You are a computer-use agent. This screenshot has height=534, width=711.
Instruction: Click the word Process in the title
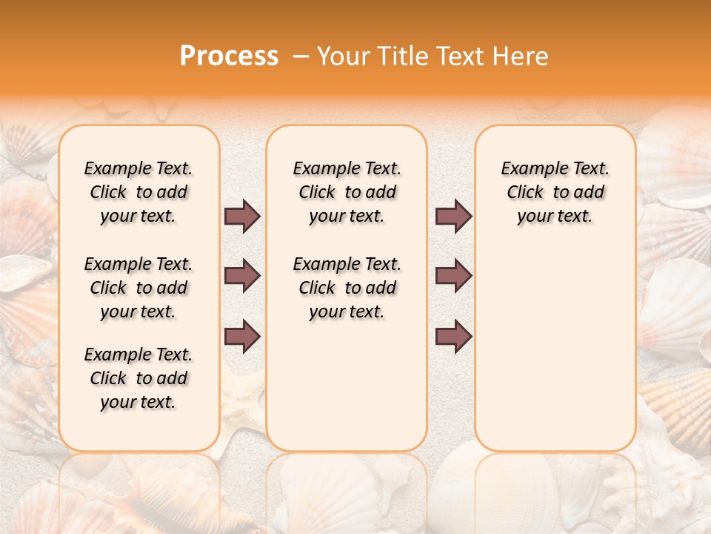tap(229, 56)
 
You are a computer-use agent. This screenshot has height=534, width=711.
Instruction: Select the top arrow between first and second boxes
tap(242, 217)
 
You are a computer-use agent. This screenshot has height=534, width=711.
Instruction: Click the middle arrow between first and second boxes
tap(242, 276)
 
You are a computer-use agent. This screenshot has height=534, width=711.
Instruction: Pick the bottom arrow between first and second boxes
tap(242, 336)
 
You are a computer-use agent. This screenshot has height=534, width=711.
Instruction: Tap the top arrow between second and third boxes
tap(453, 217)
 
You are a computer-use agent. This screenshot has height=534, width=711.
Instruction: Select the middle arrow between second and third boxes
tap(453, 276)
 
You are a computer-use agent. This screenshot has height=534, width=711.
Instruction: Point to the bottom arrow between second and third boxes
tap(453, 336)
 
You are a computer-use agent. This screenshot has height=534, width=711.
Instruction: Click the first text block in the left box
tap(138, 192)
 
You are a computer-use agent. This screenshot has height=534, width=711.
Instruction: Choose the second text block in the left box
tap(138, 288)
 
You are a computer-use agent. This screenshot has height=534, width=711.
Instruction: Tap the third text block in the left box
tap(138, 378)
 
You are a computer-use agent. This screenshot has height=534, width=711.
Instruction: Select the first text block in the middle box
tap(347, 192)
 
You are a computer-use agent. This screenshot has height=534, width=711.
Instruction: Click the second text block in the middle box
tap(347, 288)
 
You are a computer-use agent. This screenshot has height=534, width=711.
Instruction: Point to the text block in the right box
tap(555, 192)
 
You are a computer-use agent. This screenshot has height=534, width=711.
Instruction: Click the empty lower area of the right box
tap(555, 349)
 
